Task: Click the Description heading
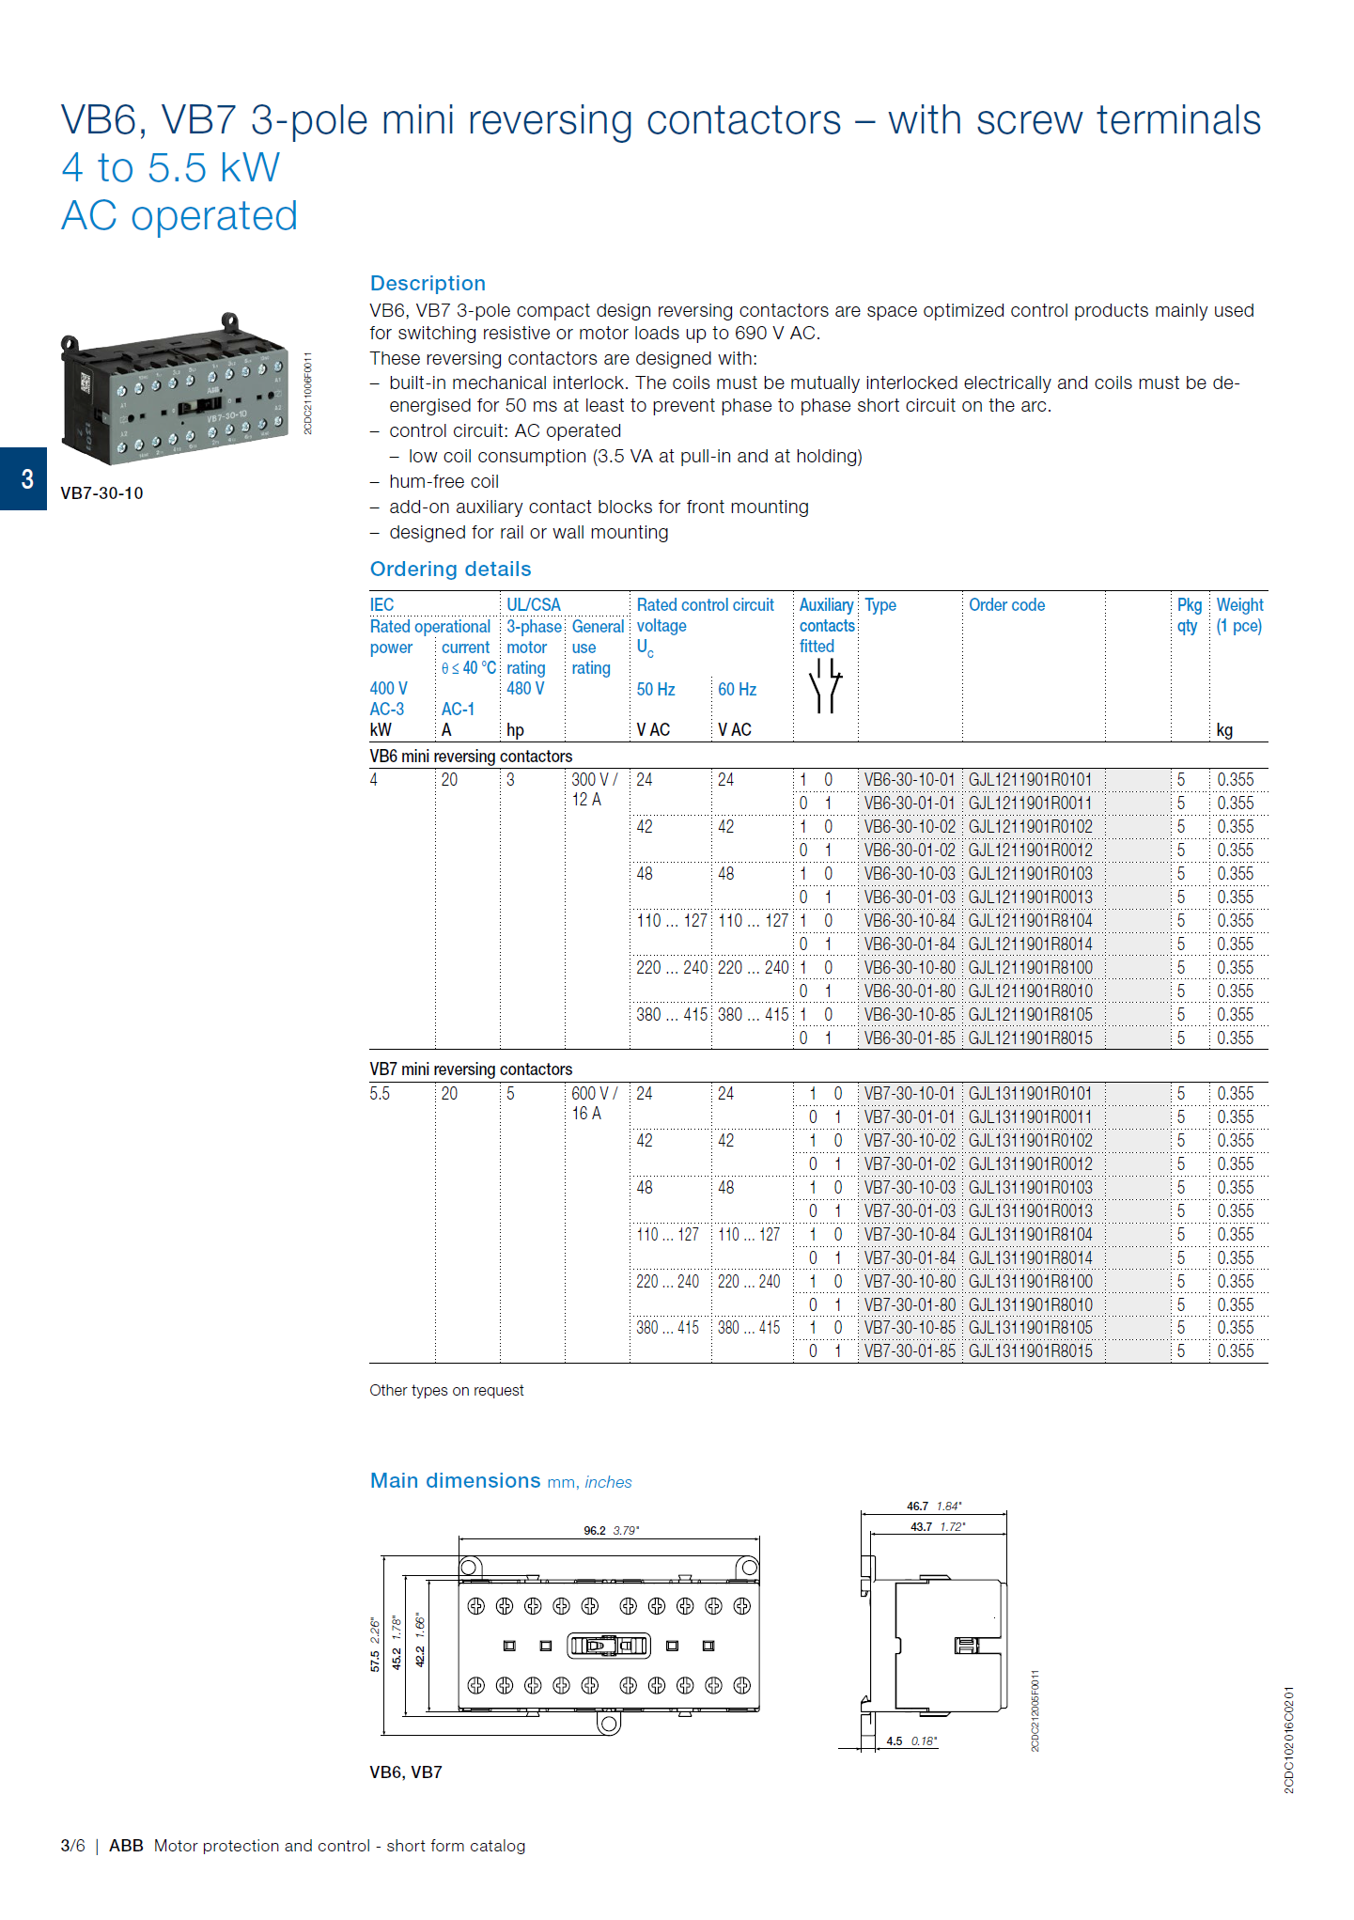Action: (x=428, y=283)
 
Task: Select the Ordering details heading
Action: (x=450, y=569)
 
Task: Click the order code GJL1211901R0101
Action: (x=1030, y=780)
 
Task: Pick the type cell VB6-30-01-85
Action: (x=909, y=1038)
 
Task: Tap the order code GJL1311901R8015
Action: (x=1030, y=1351)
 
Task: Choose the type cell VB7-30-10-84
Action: (x=909, y=1235)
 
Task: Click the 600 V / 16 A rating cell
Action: (x=594, y=1103)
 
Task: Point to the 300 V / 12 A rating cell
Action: (x=594, y=789)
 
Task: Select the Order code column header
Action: (x=1006, y=605)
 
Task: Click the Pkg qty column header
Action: (x=1189, y=615)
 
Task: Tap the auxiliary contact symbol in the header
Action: (x=825, y=686)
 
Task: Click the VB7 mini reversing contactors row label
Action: (x=471, y=1069)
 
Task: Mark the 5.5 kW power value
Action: (x=380, y=1094)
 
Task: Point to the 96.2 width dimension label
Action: (x=595, y=1531)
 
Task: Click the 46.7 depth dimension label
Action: (x=917, y=1506)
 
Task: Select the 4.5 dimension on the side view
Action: (x=895, y=1741)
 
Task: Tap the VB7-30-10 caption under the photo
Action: (x=101, y=493)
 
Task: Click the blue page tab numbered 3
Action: (x=24, y=479)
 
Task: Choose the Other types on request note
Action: (x=446, y=1391)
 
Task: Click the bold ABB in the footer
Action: (x=126, y=1846)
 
